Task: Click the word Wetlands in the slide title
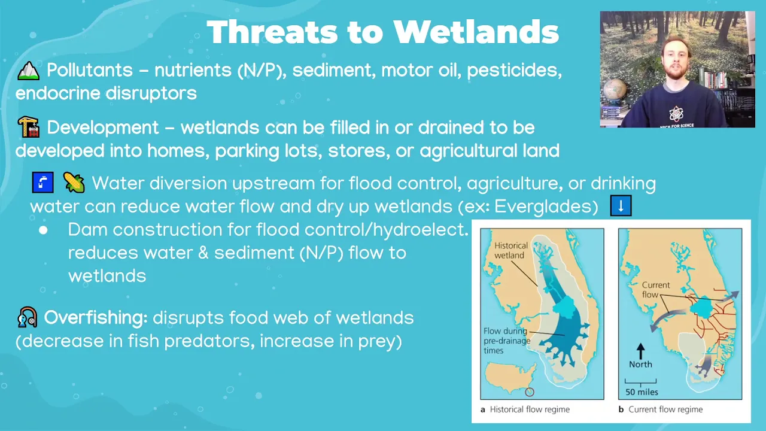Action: [x=476, y=32]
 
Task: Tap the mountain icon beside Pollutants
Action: [x=28, y=71]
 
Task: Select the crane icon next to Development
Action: [x=28, y=128]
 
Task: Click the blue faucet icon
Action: [x=42, y=183]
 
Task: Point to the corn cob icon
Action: [x=74, y=183]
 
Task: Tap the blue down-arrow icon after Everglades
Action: [x=621, y=205]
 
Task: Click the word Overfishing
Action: [x=96, y=318]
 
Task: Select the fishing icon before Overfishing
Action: [x=27, y=317]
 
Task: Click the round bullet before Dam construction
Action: [x=43, y=230]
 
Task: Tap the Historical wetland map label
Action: [x=511, y=250]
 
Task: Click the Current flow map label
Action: [x=655, y=289]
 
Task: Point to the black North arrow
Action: [x=640, y=351]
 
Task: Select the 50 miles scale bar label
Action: [x=642, y=392]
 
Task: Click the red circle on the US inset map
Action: [x=530, y=392]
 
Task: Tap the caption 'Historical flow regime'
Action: [x=530, y=409]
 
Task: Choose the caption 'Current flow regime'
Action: [x=665, y=409]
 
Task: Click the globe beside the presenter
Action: [x=615, y=90]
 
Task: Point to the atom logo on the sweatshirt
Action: [x=676, y=114]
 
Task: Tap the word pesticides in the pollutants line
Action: [x=514, y=70]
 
